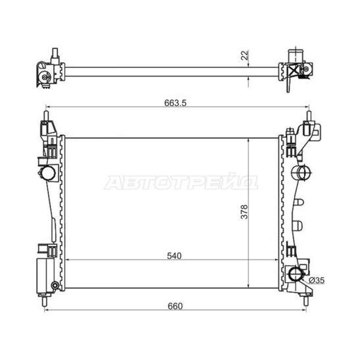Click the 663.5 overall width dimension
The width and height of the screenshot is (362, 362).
point(175,103)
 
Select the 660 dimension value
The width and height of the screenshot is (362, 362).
point(175,306)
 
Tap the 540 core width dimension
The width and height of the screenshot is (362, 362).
point(174,256)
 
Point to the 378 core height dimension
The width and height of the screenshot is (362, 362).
point(244,212)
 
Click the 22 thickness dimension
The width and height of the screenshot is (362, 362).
point(244,55)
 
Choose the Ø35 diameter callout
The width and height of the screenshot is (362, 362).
point(317,280)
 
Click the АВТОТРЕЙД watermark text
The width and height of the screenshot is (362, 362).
point(181,182)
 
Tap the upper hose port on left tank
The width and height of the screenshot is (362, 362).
point(49,173)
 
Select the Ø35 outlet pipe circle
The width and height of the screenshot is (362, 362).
point(296,274)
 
